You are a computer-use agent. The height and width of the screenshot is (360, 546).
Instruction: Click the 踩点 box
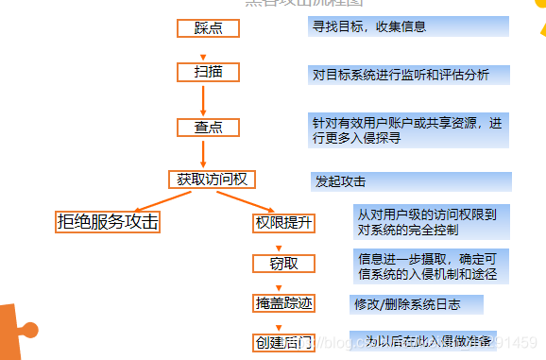[208, 27]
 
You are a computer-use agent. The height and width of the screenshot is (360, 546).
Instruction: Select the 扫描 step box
[208, 72]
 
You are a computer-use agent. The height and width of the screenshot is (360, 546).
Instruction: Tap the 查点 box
[209, 127]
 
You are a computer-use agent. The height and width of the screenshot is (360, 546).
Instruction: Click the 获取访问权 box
[212, 178]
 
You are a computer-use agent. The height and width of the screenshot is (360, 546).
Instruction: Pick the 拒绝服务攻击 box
[107, 222]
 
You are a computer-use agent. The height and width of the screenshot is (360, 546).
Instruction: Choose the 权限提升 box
[282, 223]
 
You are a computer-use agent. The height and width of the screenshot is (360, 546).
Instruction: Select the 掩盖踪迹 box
[283, 303]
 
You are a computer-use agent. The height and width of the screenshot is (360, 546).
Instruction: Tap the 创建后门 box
[283, 341]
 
